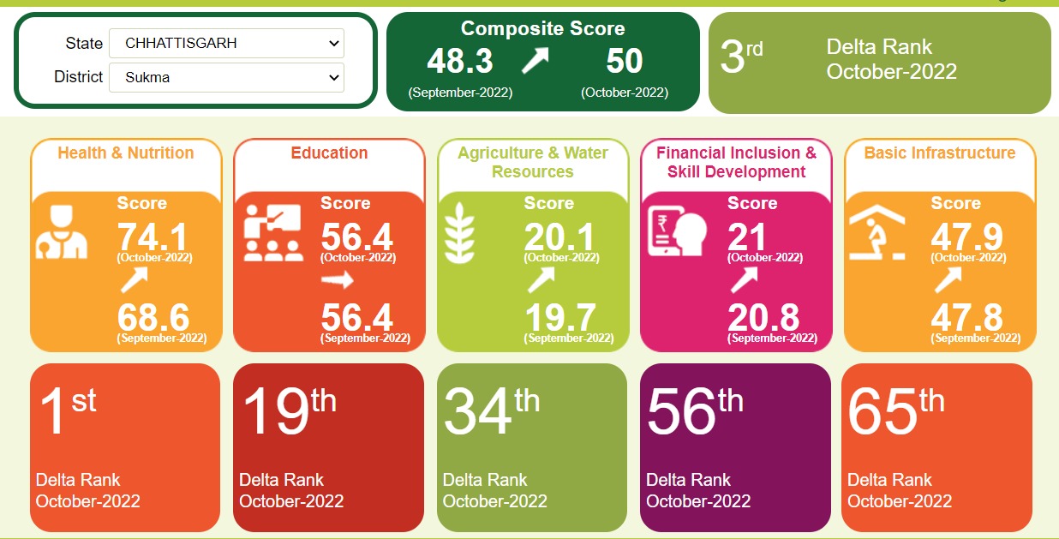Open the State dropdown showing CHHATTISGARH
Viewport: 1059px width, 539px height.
[226, 43]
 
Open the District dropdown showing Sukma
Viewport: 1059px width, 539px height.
[226, 77]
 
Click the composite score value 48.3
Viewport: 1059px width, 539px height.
[460, 62]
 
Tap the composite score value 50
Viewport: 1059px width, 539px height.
[624, 62]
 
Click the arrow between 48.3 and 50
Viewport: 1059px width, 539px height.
[535, 61]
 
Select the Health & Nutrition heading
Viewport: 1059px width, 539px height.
[126, 153]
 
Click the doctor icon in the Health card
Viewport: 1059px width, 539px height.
[61, 232]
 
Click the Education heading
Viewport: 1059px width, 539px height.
[329, 153]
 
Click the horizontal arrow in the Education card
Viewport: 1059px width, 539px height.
[337, 280]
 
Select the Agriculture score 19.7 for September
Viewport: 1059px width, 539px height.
[560, 318]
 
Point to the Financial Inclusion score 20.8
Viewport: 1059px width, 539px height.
[763, 318]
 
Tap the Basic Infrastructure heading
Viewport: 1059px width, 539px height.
[939, 153]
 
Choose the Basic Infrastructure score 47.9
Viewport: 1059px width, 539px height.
[967, 237]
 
